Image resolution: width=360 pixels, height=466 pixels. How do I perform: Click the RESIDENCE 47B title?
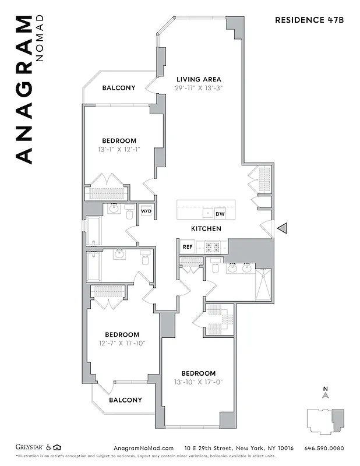[x=309, y=20]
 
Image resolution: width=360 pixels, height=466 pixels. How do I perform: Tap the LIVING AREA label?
[x=199, y=79]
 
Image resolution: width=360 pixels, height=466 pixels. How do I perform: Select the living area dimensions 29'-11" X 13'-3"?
[x=199, y=88]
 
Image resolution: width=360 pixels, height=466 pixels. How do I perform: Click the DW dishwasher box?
[x=220, y=214]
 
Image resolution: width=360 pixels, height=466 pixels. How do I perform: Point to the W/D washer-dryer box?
[x=146, y=211]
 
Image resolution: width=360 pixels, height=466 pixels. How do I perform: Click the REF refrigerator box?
[x=187, y=246]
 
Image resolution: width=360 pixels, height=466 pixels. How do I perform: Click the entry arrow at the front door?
[x=282, y=229]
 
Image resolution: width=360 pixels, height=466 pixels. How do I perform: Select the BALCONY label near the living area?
[x=119, y=88]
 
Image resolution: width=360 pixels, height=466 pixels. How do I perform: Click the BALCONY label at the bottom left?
[x=125, y=400]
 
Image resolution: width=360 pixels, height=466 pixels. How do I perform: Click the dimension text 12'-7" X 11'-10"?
[x=122, y=343]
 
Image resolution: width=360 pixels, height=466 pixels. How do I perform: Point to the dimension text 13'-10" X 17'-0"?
[x=198, y=382]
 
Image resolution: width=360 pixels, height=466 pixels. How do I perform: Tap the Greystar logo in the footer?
[x=29, y=448]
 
